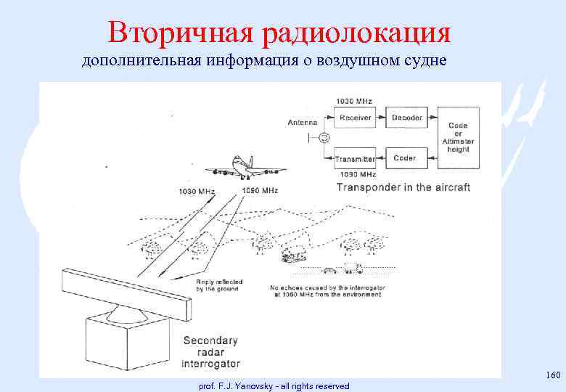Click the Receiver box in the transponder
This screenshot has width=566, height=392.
point(355,118)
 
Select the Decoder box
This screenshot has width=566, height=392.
point(406,118)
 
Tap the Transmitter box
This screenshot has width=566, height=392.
point(355,158)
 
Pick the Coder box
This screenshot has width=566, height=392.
point(404,158)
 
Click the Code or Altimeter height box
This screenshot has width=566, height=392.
point(458,137)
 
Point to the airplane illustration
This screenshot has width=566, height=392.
point(245,168)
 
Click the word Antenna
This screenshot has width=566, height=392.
point(302,122)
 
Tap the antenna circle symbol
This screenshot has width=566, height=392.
point(324,138)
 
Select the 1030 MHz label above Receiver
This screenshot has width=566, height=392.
point(351,101)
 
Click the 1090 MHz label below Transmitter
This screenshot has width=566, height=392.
point(356,174)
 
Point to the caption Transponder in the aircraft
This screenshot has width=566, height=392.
point(403,187)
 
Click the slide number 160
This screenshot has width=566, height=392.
point(552,375)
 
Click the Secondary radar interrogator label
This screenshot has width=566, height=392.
point(210,351)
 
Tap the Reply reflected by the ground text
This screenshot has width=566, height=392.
point(218,285)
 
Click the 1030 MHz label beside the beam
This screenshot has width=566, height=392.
point(196,192)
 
